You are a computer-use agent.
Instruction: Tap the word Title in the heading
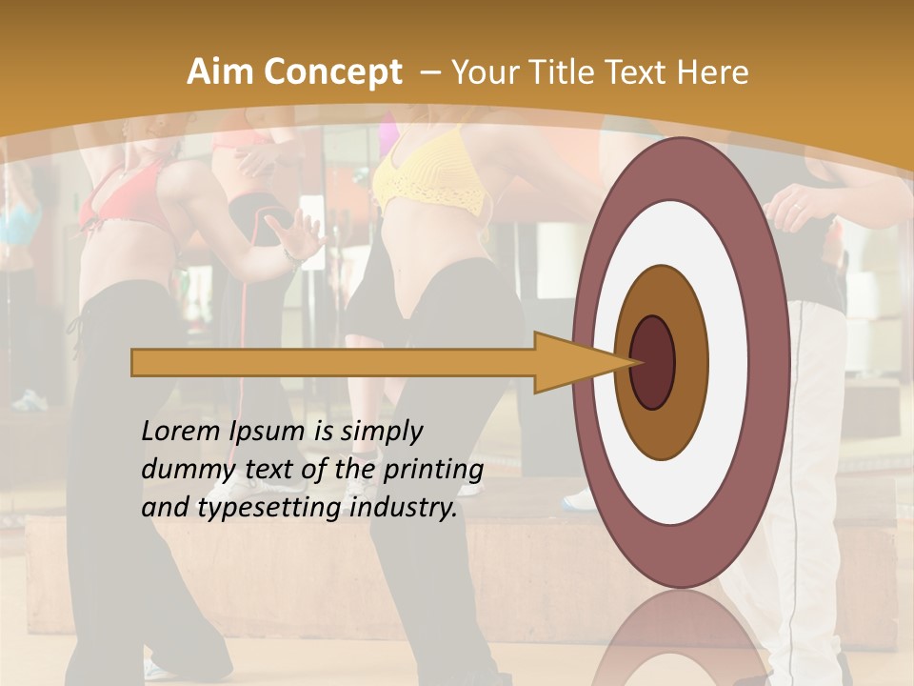tap(564, 72)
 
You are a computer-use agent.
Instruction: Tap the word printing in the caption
tap(432, 471)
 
